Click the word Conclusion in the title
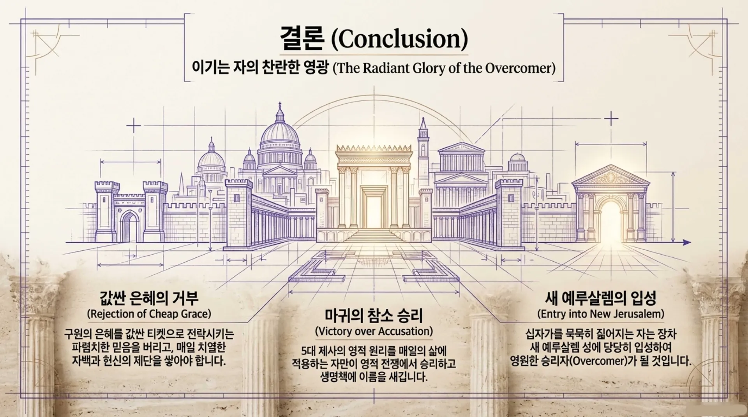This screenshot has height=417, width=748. [399, 39]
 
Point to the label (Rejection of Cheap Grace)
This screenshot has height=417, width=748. [149, 313]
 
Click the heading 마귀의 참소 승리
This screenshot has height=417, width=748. [374, 315]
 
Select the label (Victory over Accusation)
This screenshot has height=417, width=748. [374, 331]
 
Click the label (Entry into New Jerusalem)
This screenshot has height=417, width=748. [600, 313]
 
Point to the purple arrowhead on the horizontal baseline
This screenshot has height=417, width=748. [687, 243]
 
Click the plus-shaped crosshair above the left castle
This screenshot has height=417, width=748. [134, 126]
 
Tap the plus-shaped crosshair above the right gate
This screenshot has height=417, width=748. [611, 118]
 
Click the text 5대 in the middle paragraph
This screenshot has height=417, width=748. [309, 350]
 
